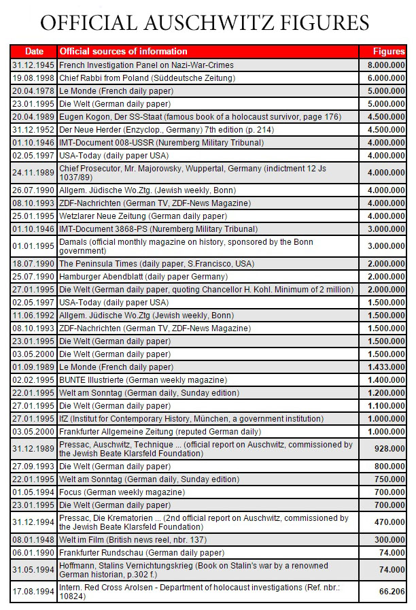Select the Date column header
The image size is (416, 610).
click(34, 51)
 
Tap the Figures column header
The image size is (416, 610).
click(389, 51)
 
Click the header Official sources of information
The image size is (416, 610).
click(123, 51)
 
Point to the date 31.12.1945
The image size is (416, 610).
click(34, 65)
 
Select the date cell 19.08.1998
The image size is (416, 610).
click(34, 78)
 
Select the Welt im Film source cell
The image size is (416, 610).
click(136, 539)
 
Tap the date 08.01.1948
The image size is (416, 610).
click(34, 539)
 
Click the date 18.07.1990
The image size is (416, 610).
click(34, 263)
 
